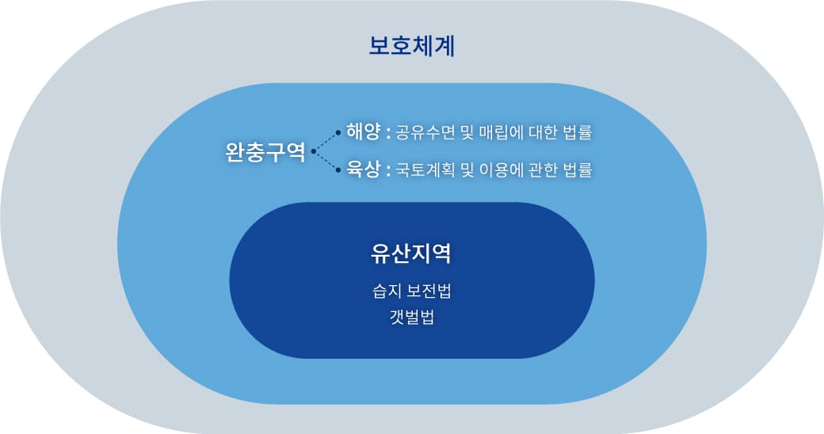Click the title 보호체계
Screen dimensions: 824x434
tap(411, 46)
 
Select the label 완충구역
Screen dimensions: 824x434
tap(265, 151)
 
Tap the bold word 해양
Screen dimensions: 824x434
tap(363, 131)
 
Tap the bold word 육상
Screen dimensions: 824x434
tap(363, 169)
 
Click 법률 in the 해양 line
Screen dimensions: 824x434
tap(578, 132)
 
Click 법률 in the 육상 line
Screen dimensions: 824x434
tap(578, 169)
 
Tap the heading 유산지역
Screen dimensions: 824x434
tap(411, 253)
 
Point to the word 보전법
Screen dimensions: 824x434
tap(429, 291)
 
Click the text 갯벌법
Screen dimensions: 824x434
tap(411, 317)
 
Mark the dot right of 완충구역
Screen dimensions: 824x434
tap(313, 151)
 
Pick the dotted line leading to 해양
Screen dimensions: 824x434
tap(326, 141)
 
